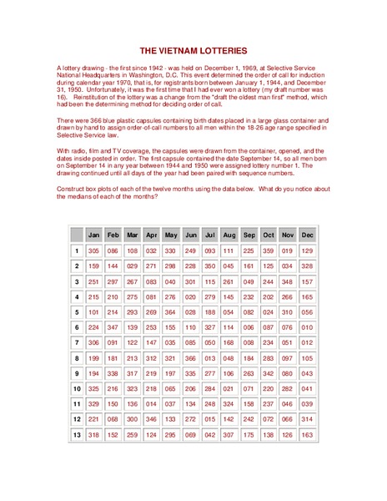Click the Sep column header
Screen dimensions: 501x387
[x=249, y=235]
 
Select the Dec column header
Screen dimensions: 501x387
[x=308, y=235]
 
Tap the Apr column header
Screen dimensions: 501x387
[x=151, y=235]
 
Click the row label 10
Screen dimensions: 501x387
[x=76, y=389]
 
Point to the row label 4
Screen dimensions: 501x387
[x=76, y=296]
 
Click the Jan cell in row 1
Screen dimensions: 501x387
[x=93, y=250]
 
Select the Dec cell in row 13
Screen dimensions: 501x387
[x=308, y=435]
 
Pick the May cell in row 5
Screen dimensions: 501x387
[x=171, y=312]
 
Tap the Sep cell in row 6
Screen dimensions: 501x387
[x=249, y=327]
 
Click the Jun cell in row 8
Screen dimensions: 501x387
[x=191, y=358]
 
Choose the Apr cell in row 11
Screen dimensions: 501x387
[x=151, y=404]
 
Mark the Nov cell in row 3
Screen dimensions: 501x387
[x=288, y=281]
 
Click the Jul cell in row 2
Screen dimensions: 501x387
[x=209, y=266]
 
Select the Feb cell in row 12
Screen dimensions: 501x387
[x=113, y=420]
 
